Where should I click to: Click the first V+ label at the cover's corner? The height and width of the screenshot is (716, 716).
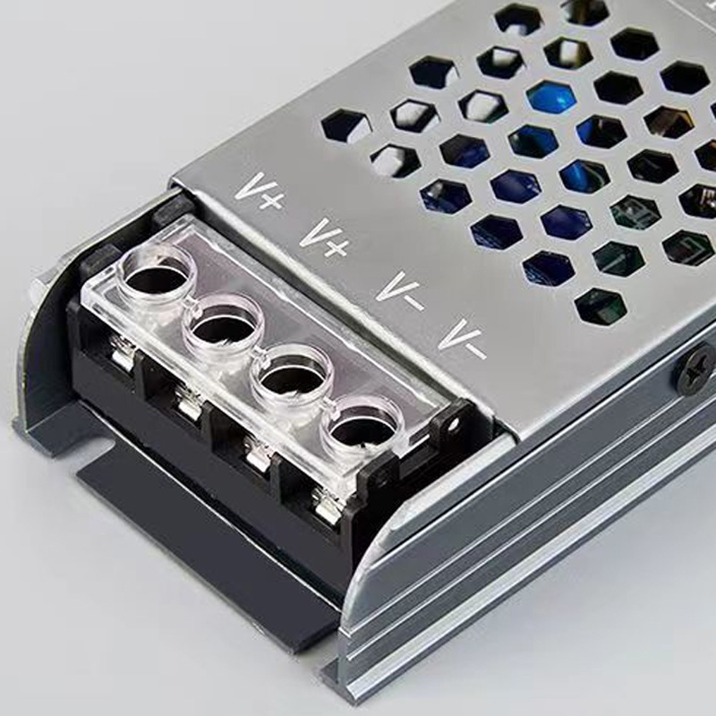[260, 192]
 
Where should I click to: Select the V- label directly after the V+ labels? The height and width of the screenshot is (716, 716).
[398, 291]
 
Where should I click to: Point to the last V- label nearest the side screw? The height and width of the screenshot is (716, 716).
[463, 338]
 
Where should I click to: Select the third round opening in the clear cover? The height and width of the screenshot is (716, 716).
[292, 376]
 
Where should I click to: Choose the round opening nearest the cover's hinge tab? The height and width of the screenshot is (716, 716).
[360, 427]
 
